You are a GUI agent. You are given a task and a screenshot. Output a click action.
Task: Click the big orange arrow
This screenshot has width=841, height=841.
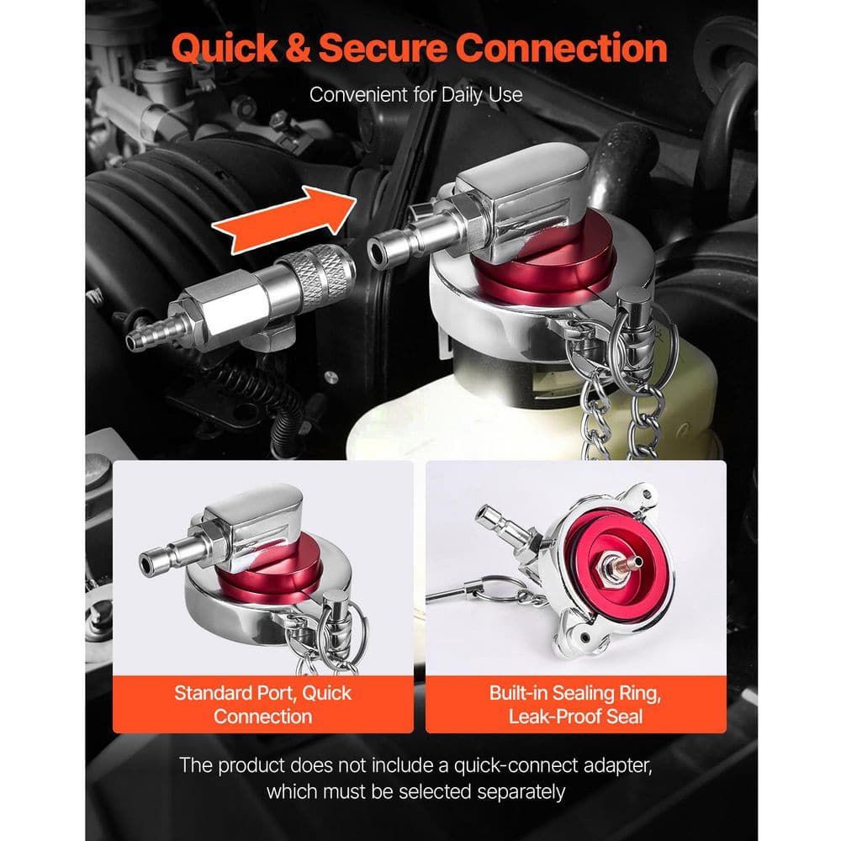tap(284, 220)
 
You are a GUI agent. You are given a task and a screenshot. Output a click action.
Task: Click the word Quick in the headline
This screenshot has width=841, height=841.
tap(225, 48)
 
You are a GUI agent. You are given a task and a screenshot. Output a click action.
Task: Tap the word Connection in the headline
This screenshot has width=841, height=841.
tap(562, 48)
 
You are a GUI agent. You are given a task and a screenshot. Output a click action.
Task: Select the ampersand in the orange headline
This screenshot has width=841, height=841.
tap(299, 48)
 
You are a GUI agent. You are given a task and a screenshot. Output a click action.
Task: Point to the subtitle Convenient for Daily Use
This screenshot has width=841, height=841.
tap(415, 95)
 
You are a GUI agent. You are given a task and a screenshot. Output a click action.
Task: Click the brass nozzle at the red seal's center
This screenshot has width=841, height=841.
tap(633, 563)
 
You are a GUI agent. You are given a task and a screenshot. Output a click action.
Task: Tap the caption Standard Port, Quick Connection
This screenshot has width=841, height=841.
tap(262, 704)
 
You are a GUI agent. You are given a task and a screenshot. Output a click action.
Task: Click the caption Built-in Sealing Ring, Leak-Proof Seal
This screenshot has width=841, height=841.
tap(575, 704)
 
